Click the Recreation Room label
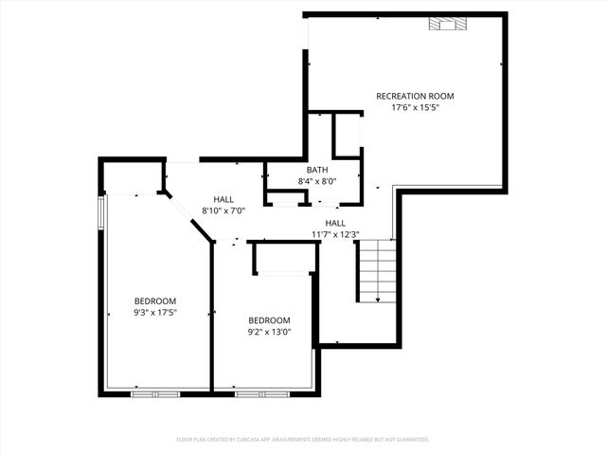(415, 96)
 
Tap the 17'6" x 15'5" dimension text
(415, 107)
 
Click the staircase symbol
(377, 270)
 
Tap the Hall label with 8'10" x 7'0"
(223, 199)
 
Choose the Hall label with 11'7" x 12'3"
(335, 223)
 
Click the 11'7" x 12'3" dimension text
(335, 233)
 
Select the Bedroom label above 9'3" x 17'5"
(155, 300)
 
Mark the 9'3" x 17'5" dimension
(155, 312)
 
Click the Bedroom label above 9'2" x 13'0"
(269, 320)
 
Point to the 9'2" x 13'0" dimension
(269, 332)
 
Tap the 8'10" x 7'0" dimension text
(223, 210)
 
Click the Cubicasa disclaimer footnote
(303, 440)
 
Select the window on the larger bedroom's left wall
(102, 214)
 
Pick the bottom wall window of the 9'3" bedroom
(155, 392)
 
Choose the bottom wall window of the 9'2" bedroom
(261, 392)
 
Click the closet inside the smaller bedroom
(283, 259)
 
